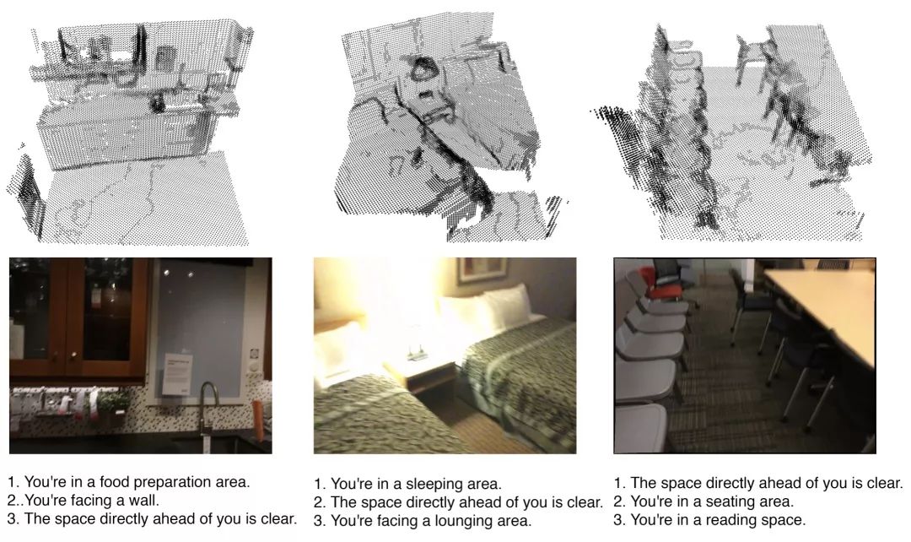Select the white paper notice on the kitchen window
click(x=178, y=373)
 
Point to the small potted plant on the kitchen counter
click(x=114, y=401)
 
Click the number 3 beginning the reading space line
click(x=618, y=519)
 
